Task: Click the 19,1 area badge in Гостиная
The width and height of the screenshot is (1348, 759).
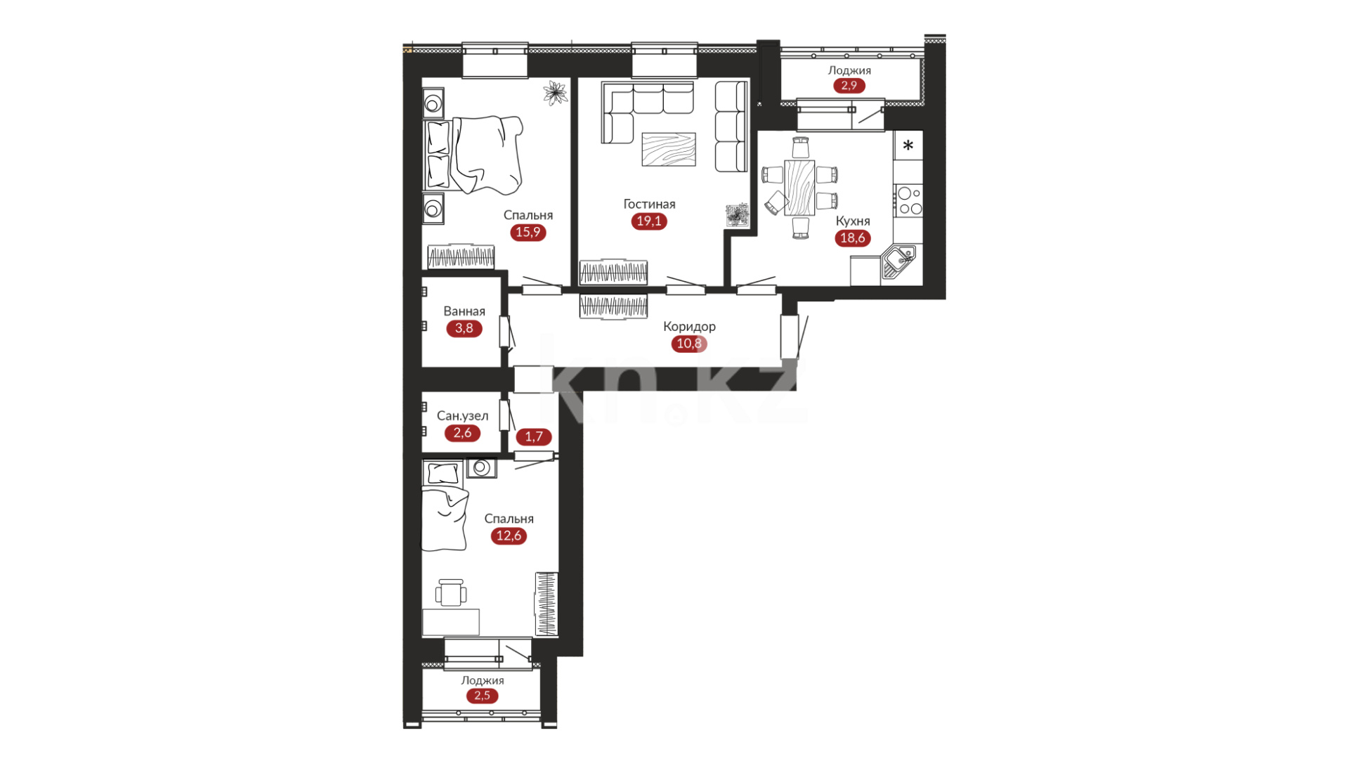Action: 648,221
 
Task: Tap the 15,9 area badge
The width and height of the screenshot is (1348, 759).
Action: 528,233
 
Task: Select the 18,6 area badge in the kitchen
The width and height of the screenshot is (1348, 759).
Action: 853,238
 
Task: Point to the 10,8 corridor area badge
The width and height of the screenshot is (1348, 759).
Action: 689,344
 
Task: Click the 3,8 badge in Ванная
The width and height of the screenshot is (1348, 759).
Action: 464,328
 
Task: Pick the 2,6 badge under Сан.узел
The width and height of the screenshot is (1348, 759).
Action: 462,433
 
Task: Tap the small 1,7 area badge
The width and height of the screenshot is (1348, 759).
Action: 534,437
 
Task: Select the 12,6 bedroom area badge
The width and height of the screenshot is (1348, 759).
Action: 509,536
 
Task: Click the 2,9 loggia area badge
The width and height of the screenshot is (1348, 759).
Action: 849,86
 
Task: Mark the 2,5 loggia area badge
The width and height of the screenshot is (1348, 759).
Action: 482,696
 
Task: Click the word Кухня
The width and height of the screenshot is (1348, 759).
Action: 853,221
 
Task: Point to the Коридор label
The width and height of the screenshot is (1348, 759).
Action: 689,326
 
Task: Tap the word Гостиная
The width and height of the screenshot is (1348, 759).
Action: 649,204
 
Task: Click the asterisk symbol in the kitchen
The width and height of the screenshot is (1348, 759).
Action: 908,146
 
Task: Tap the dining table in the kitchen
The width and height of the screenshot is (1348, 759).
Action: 799,188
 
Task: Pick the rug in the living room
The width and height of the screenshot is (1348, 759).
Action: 669,150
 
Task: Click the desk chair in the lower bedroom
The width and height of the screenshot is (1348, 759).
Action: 450,592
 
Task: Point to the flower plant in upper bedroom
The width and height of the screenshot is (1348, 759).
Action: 556,93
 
